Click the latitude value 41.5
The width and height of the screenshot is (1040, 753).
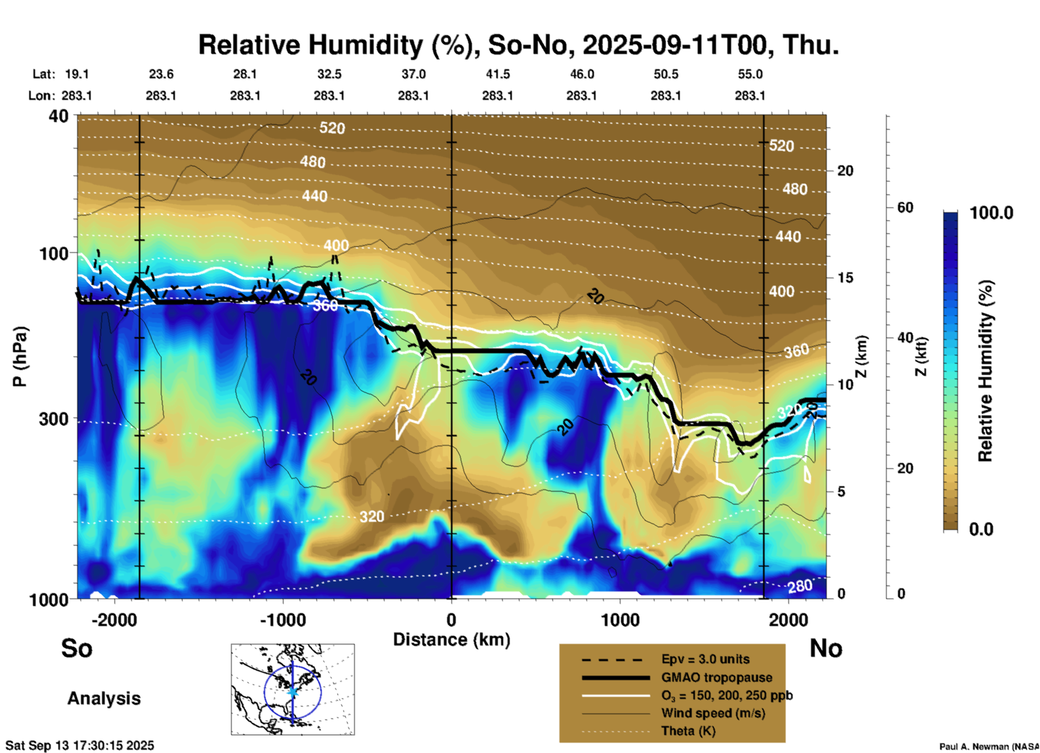[x=497, y=74]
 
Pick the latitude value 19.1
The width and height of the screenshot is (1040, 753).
[x=77, y=74]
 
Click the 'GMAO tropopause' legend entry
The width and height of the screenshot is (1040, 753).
[x=717, y=677]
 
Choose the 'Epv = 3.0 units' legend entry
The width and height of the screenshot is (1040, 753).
[x=705, y=660]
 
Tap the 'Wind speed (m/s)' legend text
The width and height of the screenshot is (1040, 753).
[x=713, y=713]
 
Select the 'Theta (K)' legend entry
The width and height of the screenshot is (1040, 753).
[x=688, y=731]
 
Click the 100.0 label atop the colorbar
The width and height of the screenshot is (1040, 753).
[x=991, y=213]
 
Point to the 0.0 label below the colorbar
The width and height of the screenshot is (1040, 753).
[x=981, y=529]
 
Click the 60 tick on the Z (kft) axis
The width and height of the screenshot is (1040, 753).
[x=905, y=207]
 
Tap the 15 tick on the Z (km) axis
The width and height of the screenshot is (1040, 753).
[x=845, y=278]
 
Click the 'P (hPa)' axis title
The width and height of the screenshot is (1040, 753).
[x=20, y=357]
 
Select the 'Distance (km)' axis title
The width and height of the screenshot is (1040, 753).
[x=451, y=640]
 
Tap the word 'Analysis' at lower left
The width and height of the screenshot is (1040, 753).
[x=104, y=698]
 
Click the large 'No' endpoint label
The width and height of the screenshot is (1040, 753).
[x=826, y=648]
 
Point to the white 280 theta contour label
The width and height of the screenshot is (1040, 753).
[x=800, y=586]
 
